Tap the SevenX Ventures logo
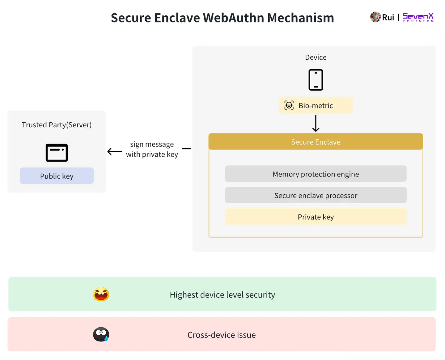418,17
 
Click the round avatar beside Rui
375,17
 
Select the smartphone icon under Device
316,80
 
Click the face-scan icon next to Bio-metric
289,105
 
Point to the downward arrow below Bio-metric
316,123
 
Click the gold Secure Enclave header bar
316,142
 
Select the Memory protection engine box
316,174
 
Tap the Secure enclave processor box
316,195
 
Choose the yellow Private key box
316,217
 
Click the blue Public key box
57,176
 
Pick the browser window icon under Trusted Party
57,153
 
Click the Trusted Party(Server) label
57,125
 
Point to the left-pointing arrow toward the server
115,151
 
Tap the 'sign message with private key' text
152,149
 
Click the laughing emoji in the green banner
101,294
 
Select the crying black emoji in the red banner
101,334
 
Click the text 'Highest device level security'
222,295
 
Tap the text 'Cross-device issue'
222,335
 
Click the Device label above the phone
316,57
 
